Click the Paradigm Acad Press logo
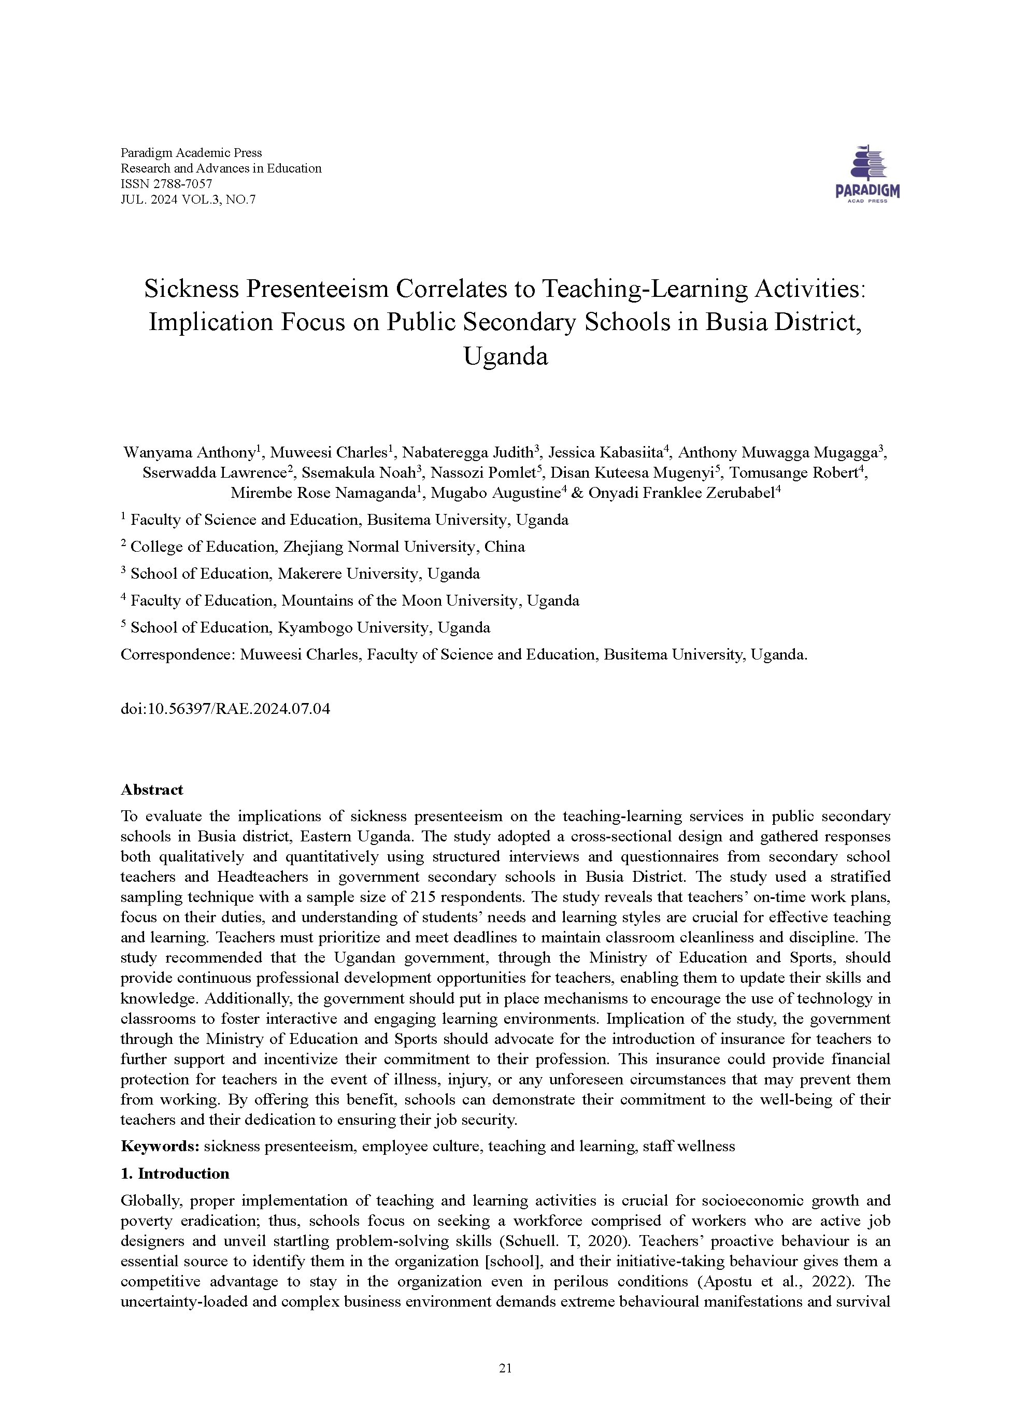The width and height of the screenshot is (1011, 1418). pyautogui.click(x=866, y=174)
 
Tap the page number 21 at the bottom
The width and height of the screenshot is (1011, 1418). pyautogui.click(x=505, y=1368)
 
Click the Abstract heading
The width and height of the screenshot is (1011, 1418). pyautogui.click(x=152, y=789)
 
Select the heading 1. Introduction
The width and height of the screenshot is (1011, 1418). pyautogui.click(x=175, y=1173)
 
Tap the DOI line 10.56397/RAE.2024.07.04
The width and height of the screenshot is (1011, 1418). pyautogui.click(x=225, y=708)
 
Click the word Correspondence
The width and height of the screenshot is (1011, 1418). pyautogui.click(x=176, y=654)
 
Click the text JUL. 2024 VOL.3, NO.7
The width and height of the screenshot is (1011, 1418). pyautogui.click(x=188, y=199)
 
